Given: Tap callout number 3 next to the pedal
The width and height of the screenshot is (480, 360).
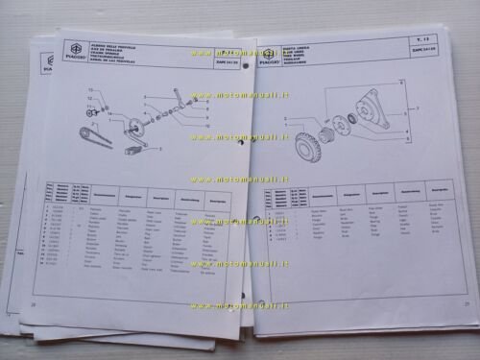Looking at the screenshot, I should point(159,150).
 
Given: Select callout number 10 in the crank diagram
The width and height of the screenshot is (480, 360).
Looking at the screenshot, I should point(206,126).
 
